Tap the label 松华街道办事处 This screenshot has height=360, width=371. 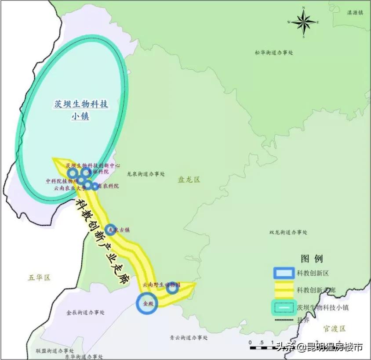273,52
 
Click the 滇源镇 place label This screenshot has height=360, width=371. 355,13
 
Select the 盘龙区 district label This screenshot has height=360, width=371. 189,180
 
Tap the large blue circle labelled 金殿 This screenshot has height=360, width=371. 147,303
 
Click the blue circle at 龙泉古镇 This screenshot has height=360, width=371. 111,229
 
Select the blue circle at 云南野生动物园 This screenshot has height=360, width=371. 172,288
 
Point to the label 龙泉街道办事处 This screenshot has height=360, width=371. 145,174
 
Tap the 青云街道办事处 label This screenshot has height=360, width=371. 189,338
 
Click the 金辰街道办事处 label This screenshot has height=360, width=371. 86,313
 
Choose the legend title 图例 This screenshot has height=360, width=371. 312,258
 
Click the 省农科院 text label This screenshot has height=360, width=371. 108,186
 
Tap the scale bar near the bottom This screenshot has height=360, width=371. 268,348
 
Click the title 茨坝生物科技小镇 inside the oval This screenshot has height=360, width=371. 81,110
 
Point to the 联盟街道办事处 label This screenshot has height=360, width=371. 55,351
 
